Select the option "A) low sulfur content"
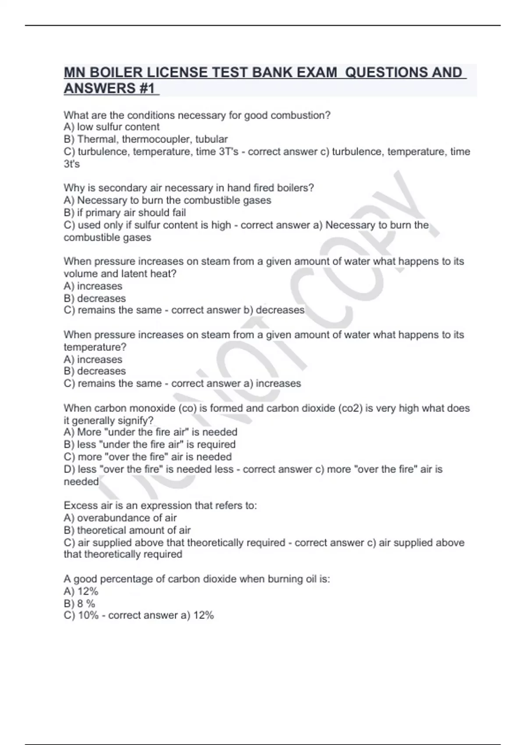(x=111, y=127)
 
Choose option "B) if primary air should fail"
(x=124, y=213)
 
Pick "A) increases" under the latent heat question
(x=93, y=286)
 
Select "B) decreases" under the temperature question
(x=95, y=371)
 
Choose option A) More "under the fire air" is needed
(x=150, y=432)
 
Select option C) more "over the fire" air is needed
(x=148, y=457)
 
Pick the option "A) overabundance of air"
(x=120, y=518)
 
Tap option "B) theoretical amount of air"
(x=127, y=530)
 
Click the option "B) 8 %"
(x=79, y=603)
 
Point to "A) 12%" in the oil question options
(x=81, y=591)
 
